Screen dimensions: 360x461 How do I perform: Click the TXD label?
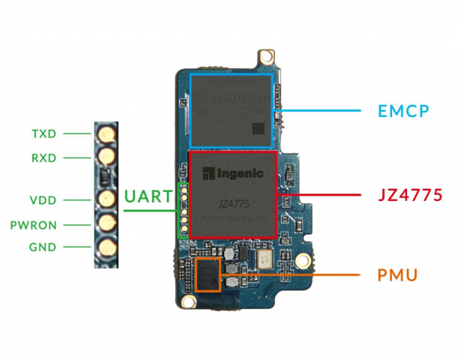pos(43,134)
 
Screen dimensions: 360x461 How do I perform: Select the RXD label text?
pos(43,157)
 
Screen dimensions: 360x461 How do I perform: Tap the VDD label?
pos(43,200)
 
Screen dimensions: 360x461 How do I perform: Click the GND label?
pos(43,247)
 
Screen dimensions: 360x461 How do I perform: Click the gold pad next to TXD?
pos(106,134)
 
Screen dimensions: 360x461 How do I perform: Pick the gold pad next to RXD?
pos(106,157)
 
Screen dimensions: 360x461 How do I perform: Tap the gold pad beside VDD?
pos(106,200)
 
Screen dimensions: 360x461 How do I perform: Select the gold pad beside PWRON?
pos(106,223)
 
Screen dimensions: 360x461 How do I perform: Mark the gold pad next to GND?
pos(106,246)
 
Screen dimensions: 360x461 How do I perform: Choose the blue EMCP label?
pos(403,112)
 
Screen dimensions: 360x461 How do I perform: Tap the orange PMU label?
pos(397,275)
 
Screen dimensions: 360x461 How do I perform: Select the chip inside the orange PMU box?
pos(208,275)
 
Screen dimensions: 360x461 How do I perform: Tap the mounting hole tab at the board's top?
pos(263,57)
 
